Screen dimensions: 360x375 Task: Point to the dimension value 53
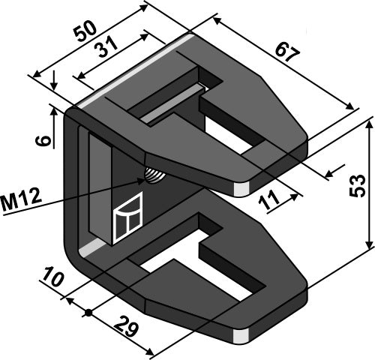click(x=357, y=184)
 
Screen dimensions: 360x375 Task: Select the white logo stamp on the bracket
click(x=127, y=217)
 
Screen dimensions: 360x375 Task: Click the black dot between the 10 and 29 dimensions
click(x=89, y=313)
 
